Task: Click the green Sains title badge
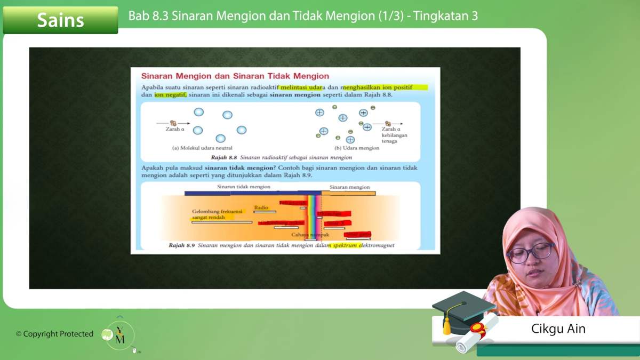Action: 60,20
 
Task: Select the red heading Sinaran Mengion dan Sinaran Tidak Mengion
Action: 235,76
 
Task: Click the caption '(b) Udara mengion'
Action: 357,148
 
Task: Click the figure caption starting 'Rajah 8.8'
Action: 281,157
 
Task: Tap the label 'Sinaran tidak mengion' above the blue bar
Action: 244,187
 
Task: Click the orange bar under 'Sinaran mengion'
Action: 348,193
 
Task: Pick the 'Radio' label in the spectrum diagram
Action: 261,207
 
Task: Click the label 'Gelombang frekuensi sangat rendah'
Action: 217,214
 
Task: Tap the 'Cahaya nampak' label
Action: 310,235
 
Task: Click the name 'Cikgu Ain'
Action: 558,329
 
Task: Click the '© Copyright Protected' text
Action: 54,334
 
